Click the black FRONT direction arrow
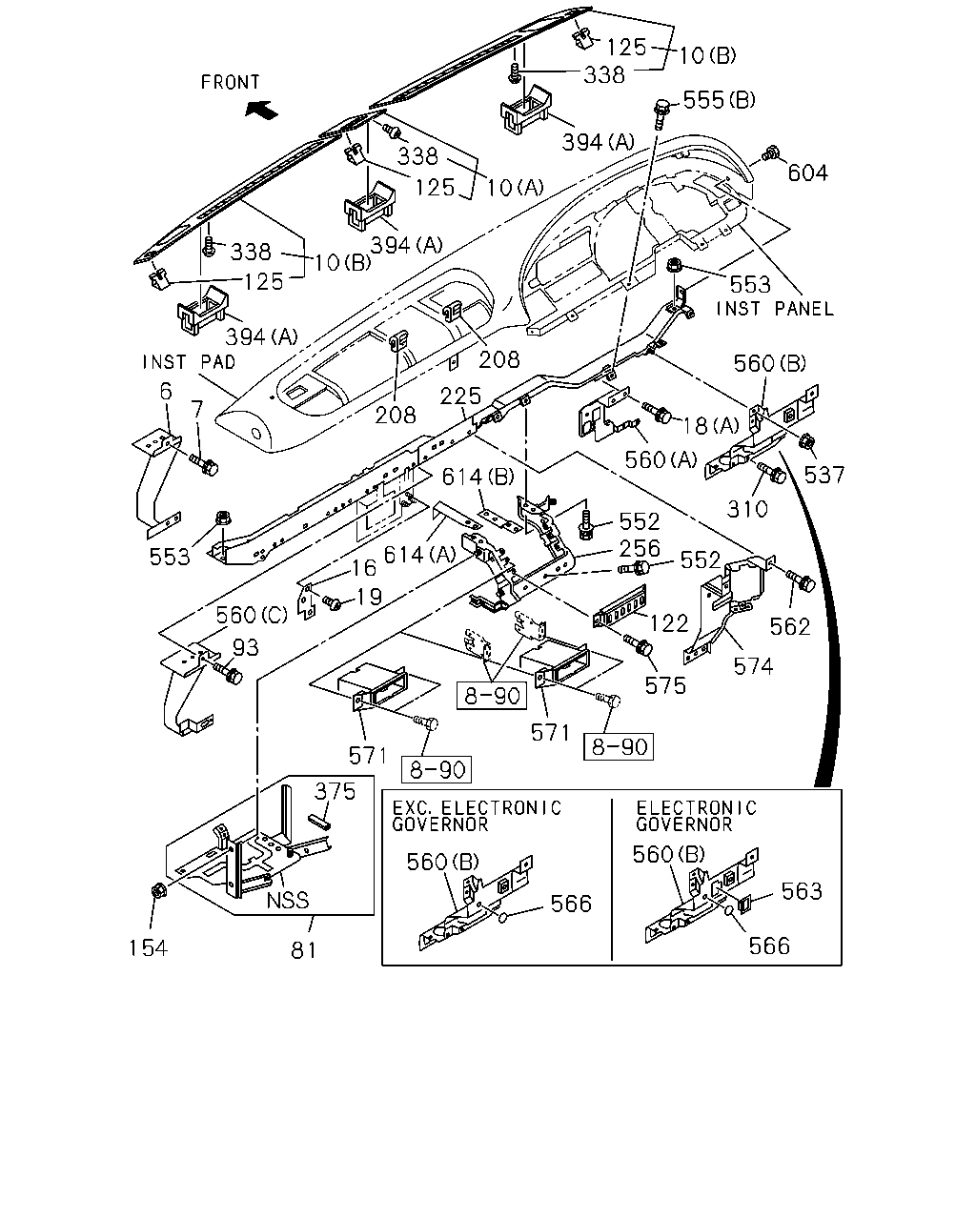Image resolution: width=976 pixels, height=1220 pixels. coord(261,109)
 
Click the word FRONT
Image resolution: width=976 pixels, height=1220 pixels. coord(231,82)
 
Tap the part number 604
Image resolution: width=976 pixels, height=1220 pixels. coord(807,173)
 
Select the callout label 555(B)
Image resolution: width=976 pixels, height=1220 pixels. coord(719,100)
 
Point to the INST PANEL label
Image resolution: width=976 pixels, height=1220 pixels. coord(775,309)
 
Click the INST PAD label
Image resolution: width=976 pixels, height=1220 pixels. coord(189,362)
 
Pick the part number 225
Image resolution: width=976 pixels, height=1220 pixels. coord(460,396)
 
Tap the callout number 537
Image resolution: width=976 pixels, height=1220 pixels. coord(824,475)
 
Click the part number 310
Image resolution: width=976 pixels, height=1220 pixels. coord(747,509)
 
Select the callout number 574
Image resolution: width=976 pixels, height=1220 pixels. coord(753,666)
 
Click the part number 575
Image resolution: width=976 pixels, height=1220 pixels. coord(665,686)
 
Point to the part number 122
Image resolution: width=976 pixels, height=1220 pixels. coord(669,623)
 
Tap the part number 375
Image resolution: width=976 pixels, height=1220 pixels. coord(335,791)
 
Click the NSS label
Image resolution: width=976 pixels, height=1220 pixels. coord(288,901)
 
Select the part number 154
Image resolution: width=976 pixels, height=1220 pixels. coord(148,947)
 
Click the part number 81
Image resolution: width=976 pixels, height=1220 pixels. coord(303,950)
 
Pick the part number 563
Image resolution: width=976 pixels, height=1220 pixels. coord(802,892)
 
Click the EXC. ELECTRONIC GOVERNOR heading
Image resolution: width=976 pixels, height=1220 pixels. coord(477,816)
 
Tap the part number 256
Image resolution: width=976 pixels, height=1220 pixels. coord(640,548)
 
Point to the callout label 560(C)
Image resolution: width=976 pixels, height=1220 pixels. coord(252,615)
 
